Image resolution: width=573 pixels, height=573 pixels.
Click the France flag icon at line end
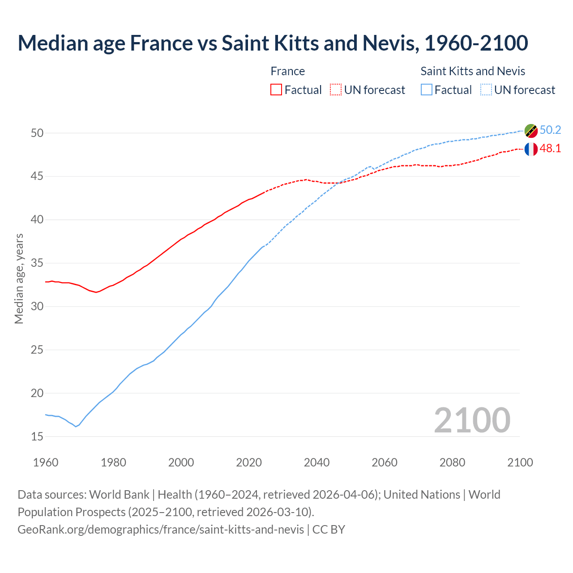point(531,149)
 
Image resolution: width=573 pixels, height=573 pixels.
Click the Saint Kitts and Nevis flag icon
point(531,131)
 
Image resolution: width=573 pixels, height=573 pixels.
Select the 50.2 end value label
point(550,130)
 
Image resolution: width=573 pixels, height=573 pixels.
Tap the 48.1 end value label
point(550,149)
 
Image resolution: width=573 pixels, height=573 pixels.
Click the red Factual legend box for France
point(276,90)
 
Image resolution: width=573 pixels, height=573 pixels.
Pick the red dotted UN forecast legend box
point(336,90)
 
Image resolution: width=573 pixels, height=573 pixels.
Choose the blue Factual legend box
point(427,90)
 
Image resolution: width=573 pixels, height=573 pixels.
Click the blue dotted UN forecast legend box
point(486,90)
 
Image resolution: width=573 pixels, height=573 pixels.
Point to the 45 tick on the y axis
point(37,176)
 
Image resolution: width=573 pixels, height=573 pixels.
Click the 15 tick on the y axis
point(37,436)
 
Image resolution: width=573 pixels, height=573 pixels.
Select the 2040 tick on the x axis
point(316,462)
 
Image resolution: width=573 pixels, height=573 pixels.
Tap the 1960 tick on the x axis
point(46,462)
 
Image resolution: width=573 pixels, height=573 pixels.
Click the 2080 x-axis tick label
point(452,462)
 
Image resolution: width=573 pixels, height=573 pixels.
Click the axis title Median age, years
point(19,278)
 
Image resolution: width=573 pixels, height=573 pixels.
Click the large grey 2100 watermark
point(472,420)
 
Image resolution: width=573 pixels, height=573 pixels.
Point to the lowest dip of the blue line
point(76,427)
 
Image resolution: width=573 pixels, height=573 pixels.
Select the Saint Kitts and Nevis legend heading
point(473,71)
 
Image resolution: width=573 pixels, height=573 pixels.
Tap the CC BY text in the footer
point(329,530)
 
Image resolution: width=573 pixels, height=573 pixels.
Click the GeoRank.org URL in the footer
point(161,530)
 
